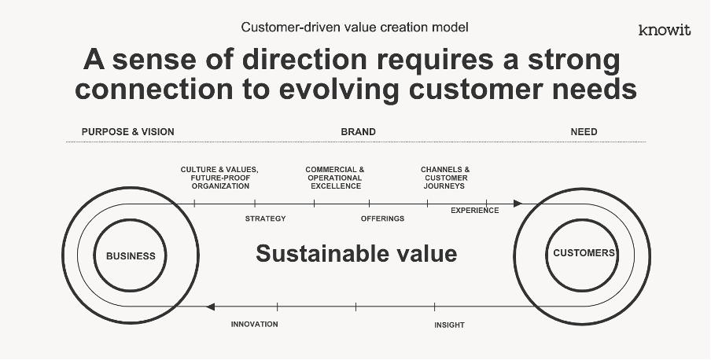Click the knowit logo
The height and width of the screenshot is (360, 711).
(665, 31)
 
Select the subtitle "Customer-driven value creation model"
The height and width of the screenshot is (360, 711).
(355, 28)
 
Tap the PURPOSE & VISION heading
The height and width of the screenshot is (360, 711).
(128, 132)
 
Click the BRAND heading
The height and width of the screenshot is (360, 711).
(358, 132)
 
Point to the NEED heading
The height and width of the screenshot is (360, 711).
(584, 132)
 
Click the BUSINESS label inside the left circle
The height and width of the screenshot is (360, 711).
(131, 256)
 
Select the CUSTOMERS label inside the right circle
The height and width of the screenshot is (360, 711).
(584, 253)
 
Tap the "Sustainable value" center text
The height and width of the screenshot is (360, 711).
(356, 253)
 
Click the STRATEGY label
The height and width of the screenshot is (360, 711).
(265, 219)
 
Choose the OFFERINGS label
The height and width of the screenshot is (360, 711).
(382, 219)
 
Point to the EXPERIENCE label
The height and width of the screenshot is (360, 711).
(475, 211)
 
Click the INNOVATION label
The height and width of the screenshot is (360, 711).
(254, 324)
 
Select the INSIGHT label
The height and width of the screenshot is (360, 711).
(449, 325)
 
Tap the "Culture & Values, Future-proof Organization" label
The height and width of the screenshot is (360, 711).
(219, 178)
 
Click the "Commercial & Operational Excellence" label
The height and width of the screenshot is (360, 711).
(334, 178)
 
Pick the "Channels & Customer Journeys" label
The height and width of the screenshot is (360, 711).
(445, 178)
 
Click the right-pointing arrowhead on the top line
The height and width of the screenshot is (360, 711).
(518, 204)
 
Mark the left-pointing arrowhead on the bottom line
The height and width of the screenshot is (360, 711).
(210, 307)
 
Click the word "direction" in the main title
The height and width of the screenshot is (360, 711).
(304, 60)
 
